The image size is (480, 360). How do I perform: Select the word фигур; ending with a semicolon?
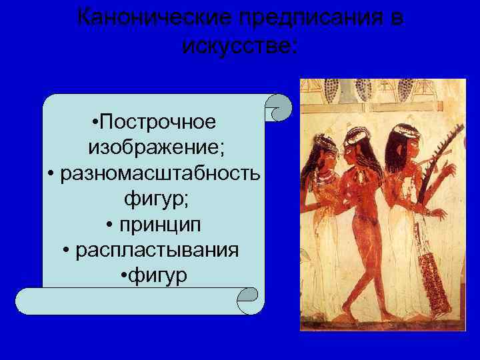[x=154, y=198]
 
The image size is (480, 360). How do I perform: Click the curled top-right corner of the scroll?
[x=279, y=107]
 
